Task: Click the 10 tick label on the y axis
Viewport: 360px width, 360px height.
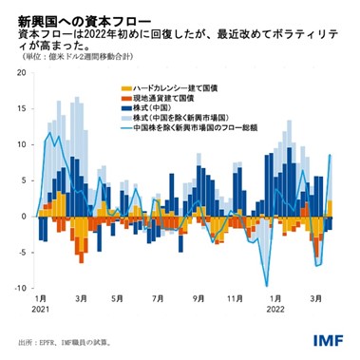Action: (x=23, y=145)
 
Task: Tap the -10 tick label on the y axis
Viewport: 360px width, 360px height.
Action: (x=21, y=286)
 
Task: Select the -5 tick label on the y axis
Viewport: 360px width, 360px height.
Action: (x=24, y=251)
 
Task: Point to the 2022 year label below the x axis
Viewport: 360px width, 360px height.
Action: (x=275, y=310)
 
